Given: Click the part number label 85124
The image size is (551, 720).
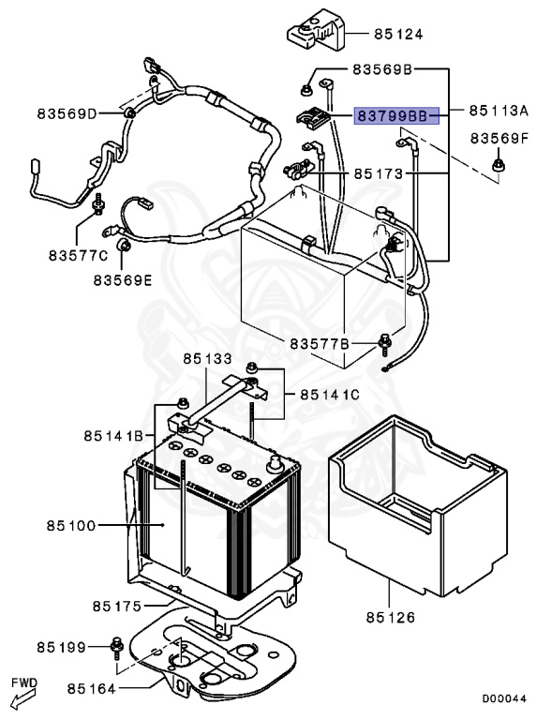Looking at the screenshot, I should (398, 35).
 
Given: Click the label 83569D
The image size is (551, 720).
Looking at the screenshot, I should (67, 114).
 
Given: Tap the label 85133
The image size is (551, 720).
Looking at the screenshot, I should (207, 359).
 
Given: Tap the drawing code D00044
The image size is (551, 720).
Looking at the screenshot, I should (504, 698).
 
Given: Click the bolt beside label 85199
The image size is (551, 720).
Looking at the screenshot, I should (116, 645).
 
